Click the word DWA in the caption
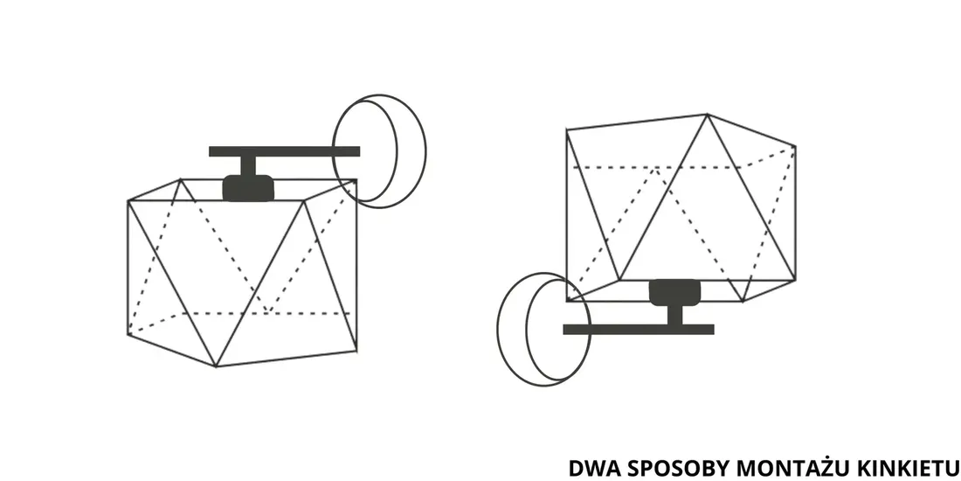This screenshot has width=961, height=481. click(x=589, y=467)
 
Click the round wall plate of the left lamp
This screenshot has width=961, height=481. click(x=380, y=150)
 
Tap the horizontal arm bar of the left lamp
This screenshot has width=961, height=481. click(x=284, y=151)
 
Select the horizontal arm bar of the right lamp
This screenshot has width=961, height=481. click(x=638, y=330)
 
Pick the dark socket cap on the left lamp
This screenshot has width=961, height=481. click(x=248, y=187)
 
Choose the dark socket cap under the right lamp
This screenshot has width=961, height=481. click(x=674, y=291)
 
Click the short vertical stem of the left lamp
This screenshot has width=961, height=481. click(x=248, y=165)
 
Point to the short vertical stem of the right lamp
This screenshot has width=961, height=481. click(x=674, y=314)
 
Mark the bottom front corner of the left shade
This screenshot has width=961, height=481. click(x=216, y=366)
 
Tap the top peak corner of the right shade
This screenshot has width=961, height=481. click(x=706, y=114)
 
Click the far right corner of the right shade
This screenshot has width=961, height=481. click(x=795, y=146)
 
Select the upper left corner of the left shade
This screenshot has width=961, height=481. click(x=128, y=202)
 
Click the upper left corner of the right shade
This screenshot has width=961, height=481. click(x=567, y=130)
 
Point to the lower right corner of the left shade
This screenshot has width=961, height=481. click(x=356, y=351)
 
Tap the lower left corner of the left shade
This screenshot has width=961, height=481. click(x=128, y=334)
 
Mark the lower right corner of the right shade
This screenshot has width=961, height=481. click(x=793, y=281)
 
